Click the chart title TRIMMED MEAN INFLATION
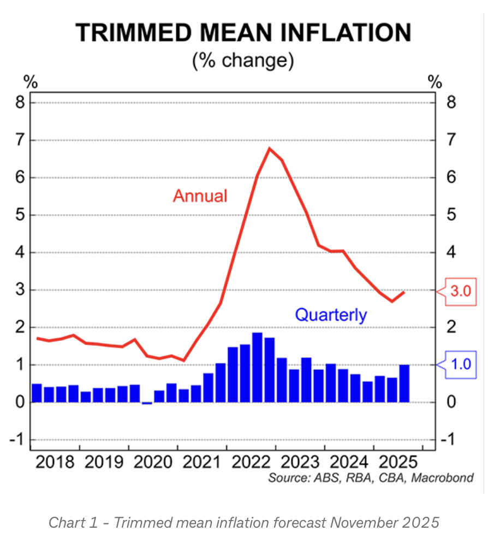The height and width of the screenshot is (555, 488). tap(243, 33)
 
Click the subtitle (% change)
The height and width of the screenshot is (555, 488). tap(243, 60)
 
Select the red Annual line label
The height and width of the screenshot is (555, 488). tap(200, 196)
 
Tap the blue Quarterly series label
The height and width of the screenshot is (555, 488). tap(331, 315)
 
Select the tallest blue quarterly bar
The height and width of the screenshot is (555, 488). tap(257, 367)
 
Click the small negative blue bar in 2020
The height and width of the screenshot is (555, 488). tap(147, 403)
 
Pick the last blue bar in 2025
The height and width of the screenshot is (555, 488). tap(404, 383)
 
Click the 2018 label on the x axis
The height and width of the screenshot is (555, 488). tap(55, 462)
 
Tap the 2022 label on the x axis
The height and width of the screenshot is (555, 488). tap(251, 462)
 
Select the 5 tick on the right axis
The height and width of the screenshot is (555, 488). tap(451, 215)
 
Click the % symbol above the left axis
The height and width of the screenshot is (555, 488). tap(31, 82)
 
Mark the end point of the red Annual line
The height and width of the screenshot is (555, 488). tap(404, 292)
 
